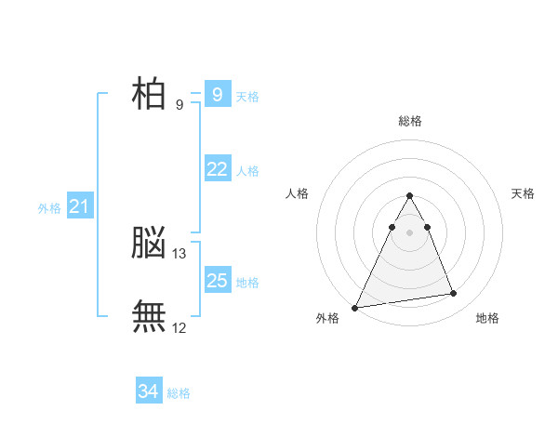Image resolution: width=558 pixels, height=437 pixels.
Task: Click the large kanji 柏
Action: click(x=149, y=93)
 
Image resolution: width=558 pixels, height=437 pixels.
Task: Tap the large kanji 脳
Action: click(x=149, y=244)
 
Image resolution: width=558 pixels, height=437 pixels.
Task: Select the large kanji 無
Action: click(x=149, y=316)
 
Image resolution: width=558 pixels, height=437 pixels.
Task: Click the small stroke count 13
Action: click(x=179, y=253)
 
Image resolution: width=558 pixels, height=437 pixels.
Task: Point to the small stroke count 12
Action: click(x=179, y=327)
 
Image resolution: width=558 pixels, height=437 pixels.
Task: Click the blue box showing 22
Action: click(x=218, y=168)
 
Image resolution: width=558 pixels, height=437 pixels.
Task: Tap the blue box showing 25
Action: click(x=218, y=280)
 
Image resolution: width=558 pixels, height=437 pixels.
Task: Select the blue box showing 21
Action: click(x=78, y=206)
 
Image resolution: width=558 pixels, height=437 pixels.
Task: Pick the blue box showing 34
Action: click(x=149, y=391)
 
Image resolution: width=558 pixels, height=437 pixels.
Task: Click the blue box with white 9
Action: click(x=218, y=94)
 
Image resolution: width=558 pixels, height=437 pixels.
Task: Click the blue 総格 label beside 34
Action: click(x=179, y=393)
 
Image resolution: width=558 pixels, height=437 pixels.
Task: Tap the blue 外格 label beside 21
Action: click(x=49, y=208)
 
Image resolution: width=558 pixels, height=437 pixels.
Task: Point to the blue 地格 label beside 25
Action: click(x=247, y=282)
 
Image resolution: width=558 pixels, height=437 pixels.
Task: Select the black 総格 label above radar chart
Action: click(x=410, y=121)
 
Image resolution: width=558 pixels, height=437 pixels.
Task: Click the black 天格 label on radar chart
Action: click(x=524, y=193)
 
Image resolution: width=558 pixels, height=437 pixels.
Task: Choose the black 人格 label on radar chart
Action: click(x=297, y=193)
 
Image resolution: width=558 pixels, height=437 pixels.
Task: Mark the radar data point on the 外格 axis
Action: click(x=355, y=308)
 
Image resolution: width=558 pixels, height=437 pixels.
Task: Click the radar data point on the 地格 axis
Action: click(x=454, y=294)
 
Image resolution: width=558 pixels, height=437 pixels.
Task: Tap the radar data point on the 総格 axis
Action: click(x=410, y=196)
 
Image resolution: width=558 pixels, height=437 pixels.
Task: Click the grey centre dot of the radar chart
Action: click(x=410, y=232)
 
